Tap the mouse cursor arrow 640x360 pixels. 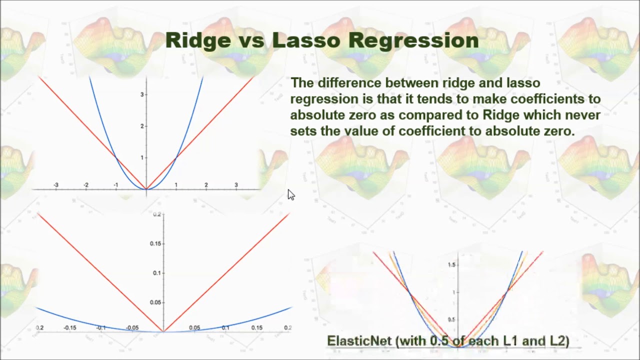(x=291, y=194)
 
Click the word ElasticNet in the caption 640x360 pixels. (x=359, y=341)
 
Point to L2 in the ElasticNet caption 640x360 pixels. (x=558, y=341)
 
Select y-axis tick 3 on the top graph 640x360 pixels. (x=142, y=94)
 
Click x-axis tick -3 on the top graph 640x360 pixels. (x=55, y=185)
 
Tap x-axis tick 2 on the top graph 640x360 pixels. (x=206, y=185)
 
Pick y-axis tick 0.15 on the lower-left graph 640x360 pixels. (x=156, y=243)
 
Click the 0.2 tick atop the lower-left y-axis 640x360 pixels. (x=157, y=214)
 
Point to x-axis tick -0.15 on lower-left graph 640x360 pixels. (x=69, y=328)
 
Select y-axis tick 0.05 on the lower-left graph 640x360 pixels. (x=156, y=302)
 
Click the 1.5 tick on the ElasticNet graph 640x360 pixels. (x=451, y=264)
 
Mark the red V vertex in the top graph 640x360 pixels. (x=146, y=189)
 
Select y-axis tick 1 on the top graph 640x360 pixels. (x=142, y=157)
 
